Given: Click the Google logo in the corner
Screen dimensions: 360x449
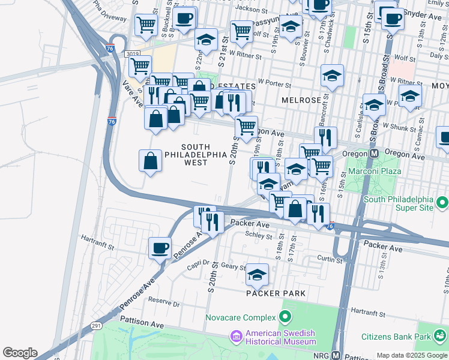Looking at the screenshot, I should click(20, 353).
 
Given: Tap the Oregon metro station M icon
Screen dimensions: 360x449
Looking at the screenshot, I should click(373, 154).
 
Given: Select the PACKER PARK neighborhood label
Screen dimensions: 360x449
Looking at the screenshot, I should click(276, 293).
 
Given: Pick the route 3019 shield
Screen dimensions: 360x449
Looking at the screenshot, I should click(132, 54).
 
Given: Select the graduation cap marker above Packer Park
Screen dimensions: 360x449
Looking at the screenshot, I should click(257, 274).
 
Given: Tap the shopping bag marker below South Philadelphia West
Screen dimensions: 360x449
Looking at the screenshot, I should click(150, 160).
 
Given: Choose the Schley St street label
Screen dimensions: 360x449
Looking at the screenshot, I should click(260, 236).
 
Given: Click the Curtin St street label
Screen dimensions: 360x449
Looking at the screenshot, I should click(330, 259).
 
